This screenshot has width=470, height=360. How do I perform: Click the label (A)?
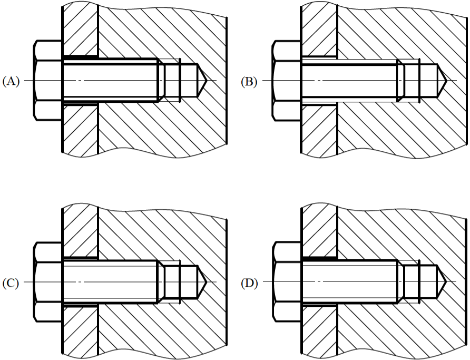11,81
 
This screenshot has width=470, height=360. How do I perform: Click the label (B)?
249,81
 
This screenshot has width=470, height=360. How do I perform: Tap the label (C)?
11,283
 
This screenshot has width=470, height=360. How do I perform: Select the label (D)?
249,283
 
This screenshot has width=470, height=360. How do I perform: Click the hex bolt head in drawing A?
48,80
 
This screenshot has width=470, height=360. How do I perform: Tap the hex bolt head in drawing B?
286,80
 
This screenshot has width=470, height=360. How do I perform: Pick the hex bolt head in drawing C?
48,282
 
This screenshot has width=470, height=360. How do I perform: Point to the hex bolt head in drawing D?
286,282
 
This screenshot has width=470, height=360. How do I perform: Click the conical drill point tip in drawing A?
207,80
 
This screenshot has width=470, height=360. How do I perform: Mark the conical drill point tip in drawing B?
446,80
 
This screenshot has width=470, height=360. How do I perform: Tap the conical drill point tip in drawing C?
207,282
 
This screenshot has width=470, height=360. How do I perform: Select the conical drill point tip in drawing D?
446,282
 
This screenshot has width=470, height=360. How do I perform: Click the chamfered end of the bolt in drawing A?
161,80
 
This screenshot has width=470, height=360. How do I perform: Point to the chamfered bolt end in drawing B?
400,80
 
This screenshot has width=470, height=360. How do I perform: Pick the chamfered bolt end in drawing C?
161,282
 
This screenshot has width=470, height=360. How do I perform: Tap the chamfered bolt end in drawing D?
400,282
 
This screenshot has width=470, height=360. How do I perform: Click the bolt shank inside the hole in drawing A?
110,80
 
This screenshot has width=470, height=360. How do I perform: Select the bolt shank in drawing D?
349,282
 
